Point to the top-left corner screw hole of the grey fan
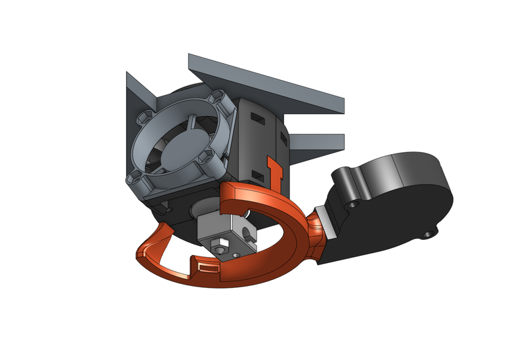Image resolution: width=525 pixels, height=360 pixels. (142, 119)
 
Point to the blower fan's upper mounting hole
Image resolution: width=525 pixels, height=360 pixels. (355, 204)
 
